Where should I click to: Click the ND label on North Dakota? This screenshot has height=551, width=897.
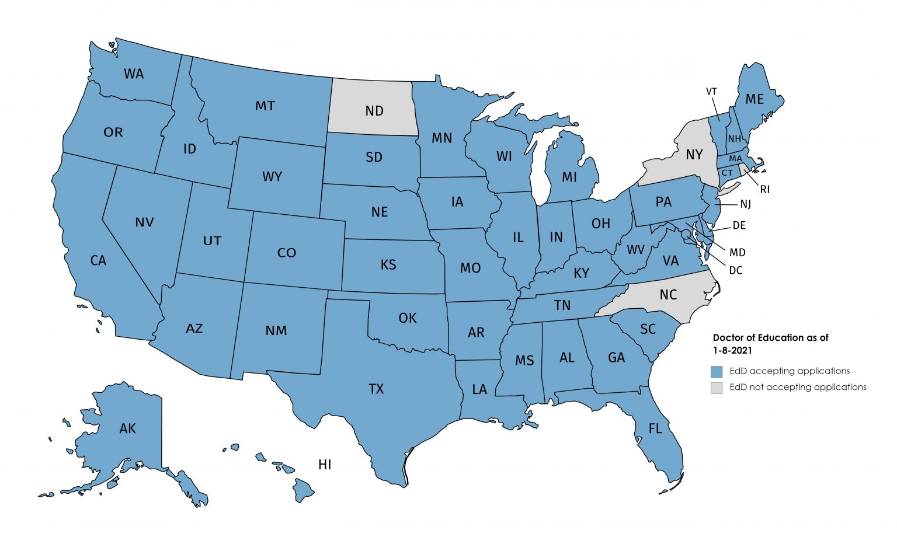(x=374, y=110)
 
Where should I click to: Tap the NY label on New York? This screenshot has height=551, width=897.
(x=694, y=155)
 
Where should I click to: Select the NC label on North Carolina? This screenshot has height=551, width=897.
(x=668, y=294)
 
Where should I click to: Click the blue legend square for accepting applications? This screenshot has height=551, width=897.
(x=717, y=371)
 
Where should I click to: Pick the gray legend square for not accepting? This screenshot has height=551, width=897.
(x=717, y=388)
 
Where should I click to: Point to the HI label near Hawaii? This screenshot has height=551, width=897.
(x=325, y=465)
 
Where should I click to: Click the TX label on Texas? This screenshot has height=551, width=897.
(x=376, y=389)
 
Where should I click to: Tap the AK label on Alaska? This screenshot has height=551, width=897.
(x=127, y=429)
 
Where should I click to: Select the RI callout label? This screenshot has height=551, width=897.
(x=764, y=190)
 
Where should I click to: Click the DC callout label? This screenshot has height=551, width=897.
(x=735, y=271)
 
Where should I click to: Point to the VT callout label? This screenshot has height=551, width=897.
(x=711, y=92)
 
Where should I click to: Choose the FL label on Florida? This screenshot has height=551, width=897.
(x=655, y=429)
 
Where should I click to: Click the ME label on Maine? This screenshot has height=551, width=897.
(x=755, y=99)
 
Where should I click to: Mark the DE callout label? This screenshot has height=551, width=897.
(x=739, y=226)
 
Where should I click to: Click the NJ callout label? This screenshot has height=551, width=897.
(x=745, y=204)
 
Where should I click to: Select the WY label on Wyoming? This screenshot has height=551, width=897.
(x=272, y=176)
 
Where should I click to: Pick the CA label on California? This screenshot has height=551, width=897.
(x=98, y=260)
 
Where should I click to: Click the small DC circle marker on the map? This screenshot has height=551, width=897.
(x=686, y=233)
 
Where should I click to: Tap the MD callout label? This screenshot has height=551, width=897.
(x=738, y=253)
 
